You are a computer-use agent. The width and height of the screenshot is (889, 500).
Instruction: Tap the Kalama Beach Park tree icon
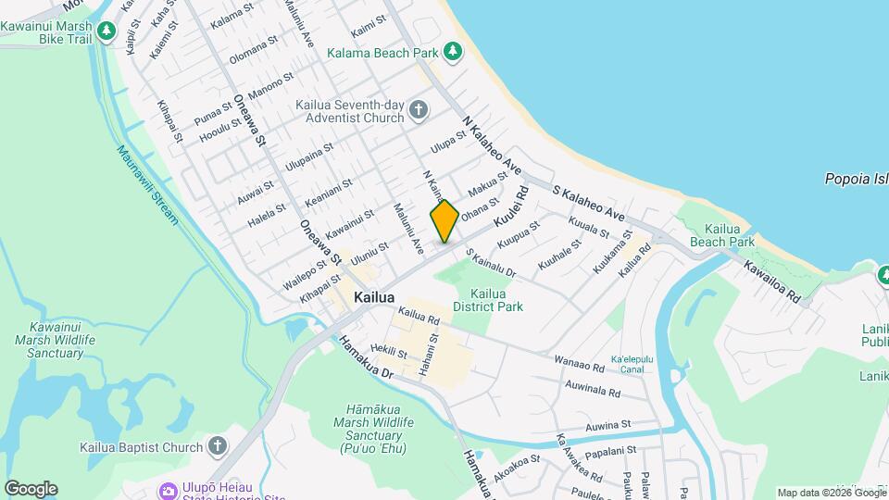pos(453,52)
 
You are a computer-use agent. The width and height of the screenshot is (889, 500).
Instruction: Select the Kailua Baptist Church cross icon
pos(218,447)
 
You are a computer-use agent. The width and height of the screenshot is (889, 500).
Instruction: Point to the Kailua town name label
pos(374,298)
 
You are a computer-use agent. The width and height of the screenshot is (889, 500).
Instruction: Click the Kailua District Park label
pos(487,300)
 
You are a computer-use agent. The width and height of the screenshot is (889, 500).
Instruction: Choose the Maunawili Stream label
pos(148,185)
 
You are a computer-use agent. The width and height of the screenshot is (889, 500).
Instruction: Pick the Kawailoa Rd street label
pos(771,281)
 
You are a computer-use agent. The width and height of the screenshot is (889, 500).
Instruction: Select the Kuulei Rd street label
pos(510,207)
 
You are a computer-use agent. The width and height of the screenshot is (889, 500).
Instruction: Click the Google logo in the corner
pos(31,489)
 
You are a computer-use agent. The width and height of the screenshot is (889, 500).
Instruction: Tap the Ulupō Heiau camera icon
pos(169,490)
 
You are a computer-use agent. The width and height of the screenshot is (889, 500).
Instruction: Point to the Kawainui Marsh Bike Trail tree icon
pos(106,31)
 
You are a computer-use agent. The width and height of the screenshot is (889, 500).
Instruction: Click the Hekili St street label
pos(388,352)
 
